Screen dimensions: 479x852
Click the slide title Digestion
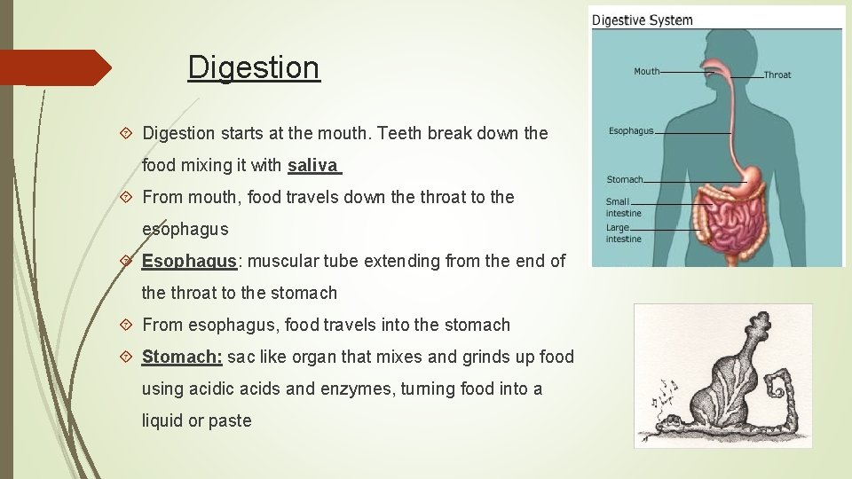click(254, 67)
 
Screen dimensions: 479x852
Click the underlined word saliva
click(312, 165)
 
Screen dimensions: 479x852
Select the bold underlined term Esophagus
click(188, 261)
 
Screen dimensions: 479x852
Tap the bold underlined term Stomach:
click(182, 357)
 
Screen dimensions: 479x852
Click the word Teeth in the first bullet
click(399, 133)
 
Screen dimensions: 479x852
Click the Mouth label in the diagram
click(646, 71)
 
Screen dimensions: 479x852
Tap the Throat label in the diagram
click(777, 75)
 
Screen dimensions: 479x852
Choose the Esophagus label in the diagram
click(631, 131)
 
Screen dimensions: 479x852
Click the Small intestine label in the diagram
click(623, 208)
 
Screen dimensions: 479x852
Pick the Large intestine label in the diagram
click(623, 233)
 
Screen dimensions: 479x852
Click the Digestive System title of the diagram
click(642, 20)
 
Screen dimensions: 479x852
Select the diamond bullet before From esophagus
click(126, 326)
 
